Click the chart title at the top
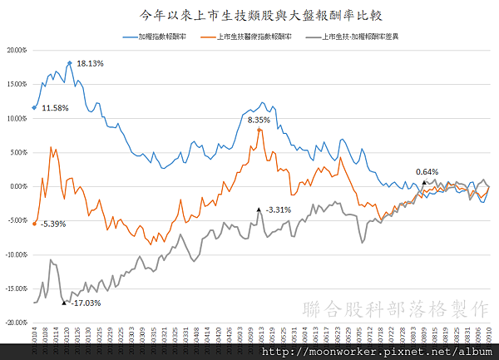point(249,14)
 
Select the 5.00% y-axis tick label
point(17,152)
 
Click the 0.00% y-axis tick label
point(17,186)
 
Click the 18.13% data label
point(90,63)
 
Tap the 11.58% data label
point(55,108)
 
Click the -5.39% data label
point(53,224)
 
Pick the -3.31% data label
point(279,210)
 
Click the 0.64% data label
point(427,172)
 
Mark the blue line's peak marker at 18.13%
point(69,62)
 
